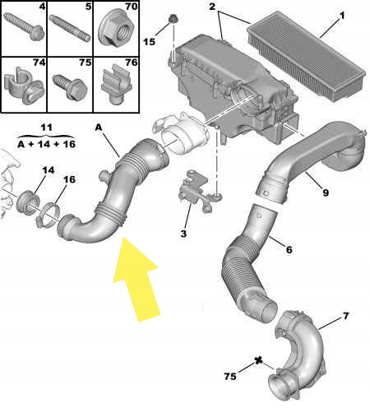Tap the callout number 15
[149, 40]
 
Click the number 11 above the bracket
[46, 128]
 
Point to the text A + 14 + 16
[47, 145]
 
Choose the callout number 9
[326, 194]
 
